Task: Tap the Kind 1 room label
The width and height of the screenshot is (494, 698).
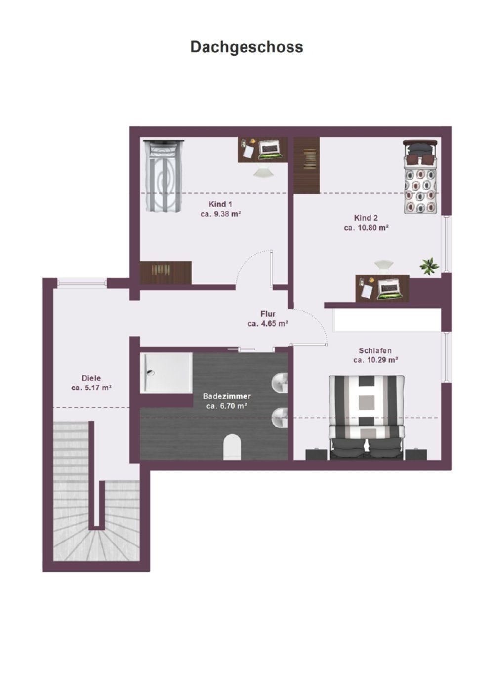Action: (x=220, y=204)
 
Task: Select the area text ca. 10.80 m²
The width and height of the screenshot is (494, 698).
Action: (x=366, y=228)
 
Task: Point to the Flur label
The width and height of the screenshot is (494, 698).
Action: (x=268, y=314)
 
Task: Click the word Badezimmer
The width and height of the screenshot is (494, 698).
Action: (x=227, y=396)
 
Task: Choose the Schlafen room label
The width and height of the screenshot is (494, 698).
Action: (x=375, y=350)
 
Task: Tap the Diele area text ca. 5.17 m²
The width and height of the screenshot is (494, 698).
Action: (x=91, y=388)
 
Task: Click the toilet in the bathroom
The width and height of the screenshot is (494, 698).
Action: (x=232, y=447)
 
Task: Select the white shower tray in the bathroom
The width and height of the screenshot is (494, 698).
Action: (x=166, y=373)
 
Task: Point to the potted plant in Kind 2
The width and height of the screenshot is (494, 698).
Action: (x=429, y=266)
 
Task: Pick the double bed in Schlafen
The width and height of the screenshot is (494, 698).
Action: (x=367, y=418)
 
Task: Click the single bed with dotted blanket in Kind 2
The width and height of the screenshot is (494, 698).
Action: (x=420, y=177)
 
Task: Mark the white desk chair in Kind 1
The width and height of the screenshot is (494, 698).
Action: (x=263, y=171)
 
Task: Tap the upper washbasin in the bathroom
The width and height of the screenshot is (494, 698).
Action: (x=280, y=383)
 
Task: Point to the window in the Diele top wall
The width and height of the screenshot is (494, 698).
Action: (x=82, y=283)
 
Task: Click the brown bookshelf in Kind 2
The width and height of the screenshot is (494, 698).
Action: (x=307, y=165)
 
